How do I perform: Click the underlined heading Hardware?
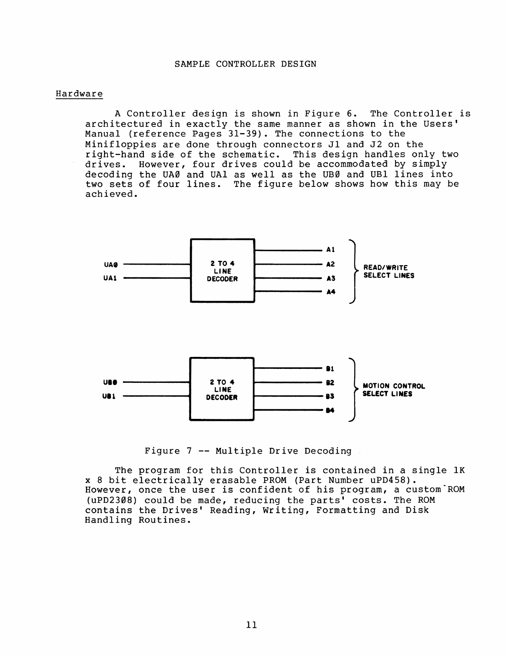point(79,94)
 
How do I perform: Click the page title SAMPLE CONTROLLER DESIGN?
point(246,64)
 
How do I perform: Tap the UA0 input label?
point(111,264)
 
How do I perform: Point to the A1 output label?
point(330,250)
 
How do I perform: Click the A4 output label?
point(331,292)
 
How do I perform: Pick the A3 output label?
point(330,278)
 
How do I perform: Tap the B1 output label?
point(330,368)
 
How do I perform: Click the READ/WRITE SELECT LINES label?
point(389,272)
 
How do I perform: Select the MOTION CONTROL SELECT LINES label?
point(394,390)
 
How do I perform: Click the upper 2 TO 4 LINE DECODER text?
point(222,271)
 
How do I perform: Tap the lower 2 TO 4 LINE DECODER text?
point(222,390)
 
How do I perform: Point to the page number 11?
point(251,625)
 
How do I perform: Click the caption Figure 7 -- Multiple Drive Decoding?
point(248,451)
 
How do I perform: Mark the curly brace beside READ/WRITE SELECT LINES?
point(355,271)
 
